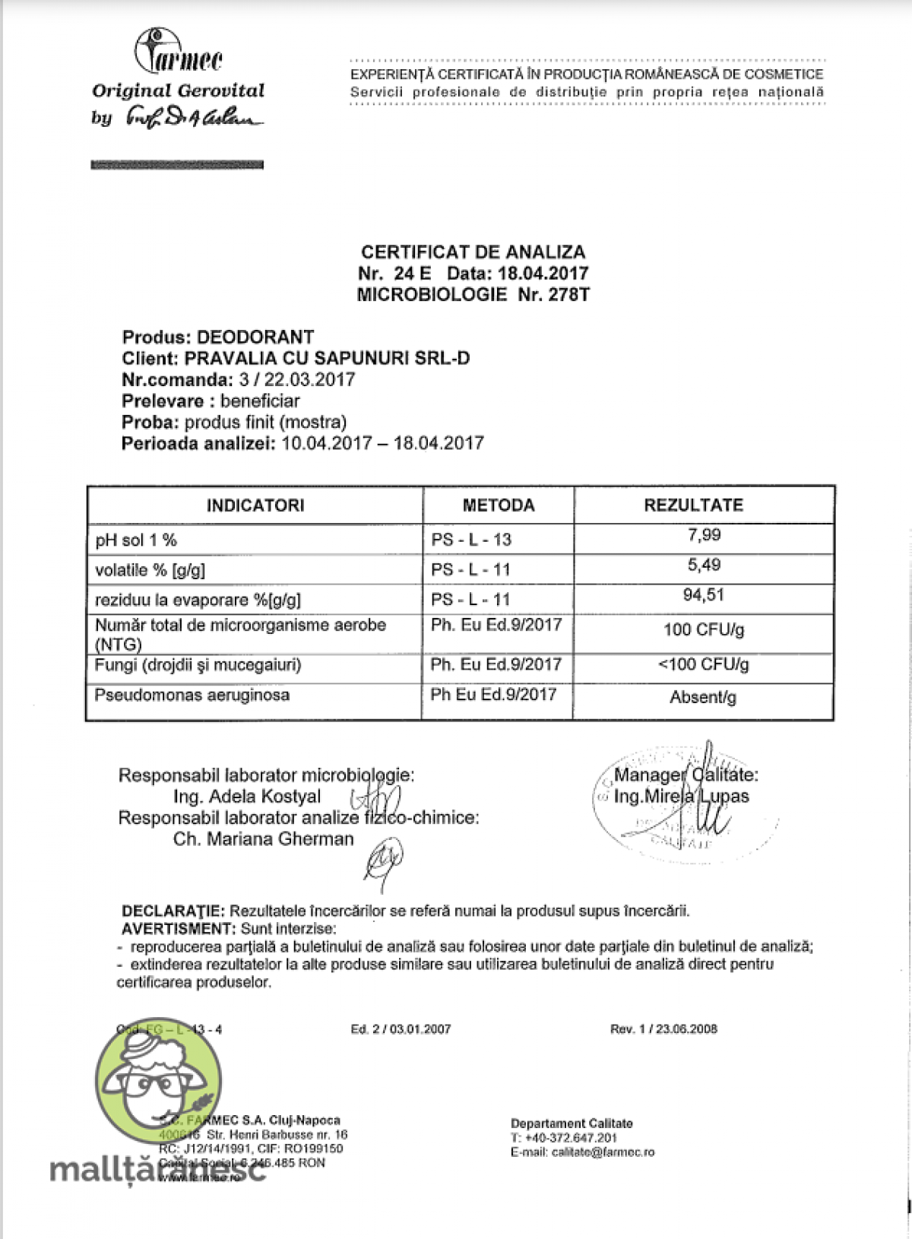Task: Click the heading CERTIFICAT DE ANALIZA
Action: pyautogui.click(x=473, y=252)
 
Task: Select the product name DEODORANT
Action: pyautogui.click(x=255, y=337)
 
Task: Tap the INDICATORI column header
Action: pyautogui.click(x=255, y=505)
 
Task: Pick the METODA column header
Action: pyautogui.click(x=499, y=505)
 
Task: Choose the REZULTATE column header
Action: pyautogui.click(x=694, y=505)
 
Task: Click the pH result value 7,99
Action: pyautogui.click(x=704, y=535)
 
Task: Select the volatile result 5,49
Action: pyautogui.click(x=704, y=565)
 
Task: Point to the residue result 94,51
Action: pyautogui.click(x=704, y=595)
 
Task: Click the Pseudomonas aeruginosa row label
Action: pyautogui.click(x=192, y=695)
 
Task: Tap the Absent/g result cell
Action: pyautogui.click(x=703, y=697)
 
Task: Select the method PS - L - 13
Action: pyautogui.click(x=471, y=540)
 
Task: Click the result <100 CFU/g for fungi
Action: pyautogui.click(x=703, y=664)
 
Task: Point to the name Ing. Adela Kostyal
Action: pyautogui.click(x=247, y=797)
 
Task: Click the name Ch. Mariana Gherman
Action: pyautogui.click(x=264, y=839)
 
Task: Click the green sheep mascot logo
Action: pyautogui.click(x=160, y=1083)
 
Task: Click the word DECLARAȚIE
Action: pyautogui.click(x=173, y=911)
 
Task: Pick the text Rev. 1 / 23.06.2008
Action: pyautogui.click(x=663, y=1029)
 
